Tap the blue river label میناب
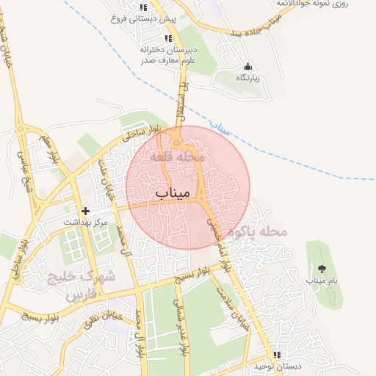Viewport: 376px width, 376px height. tap(219, 128)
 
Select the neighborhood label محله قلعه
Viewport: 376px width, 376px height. tap(180, 157)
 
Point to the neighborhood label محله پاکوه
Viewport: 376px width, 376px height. tap(256, 231)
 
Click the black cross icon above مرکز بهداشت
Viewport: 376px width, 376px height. tap(86, 211)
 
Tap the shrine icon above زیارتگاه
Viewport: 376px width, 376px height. tap(247, 66)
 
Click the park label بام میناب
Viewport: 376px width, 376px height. tap(321, 280)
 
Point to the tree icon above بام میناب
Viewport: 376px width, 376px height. tap(321, 268)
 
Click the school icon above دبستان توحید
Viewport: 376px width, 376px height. tap(278, 354)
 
